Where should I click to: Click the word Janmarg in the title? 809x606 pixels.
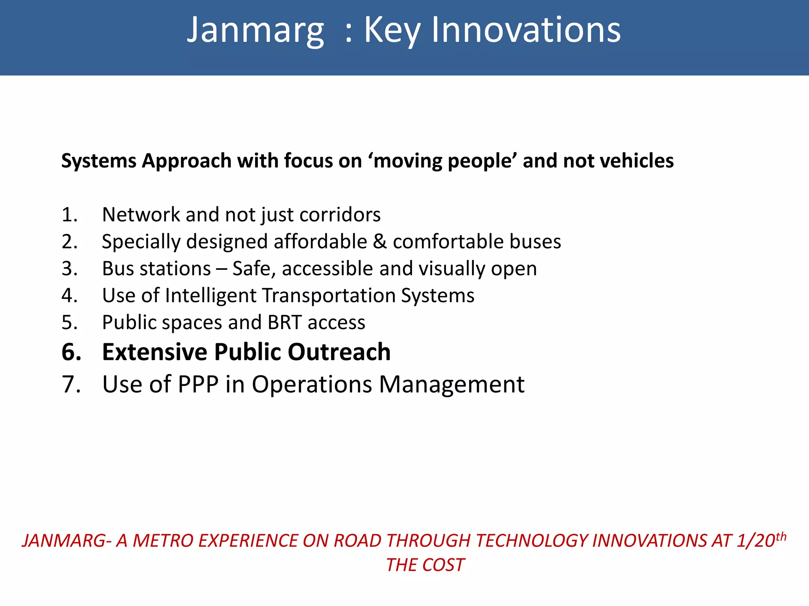pos(255,31)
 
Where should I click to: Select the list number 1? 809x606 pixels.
pos(70,215)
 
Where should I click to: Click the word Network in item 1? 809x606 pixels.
pos(141,215)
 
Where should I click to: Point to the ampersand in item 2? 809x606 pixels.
pos(380,241)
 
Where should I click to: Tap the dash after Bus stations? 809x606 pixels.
pos(222,269)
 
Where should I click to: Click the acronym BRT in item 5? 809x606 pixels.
pos(284,322)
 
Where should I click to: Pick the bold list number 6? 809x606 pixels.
pos(71,352)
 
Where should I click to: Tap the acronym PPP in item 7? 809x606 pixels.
pos(198,384)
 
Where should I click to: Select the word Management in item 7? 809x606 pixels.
pos(452,384)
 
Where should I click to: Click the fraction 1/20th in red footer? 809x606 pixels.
pos(761,540)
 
